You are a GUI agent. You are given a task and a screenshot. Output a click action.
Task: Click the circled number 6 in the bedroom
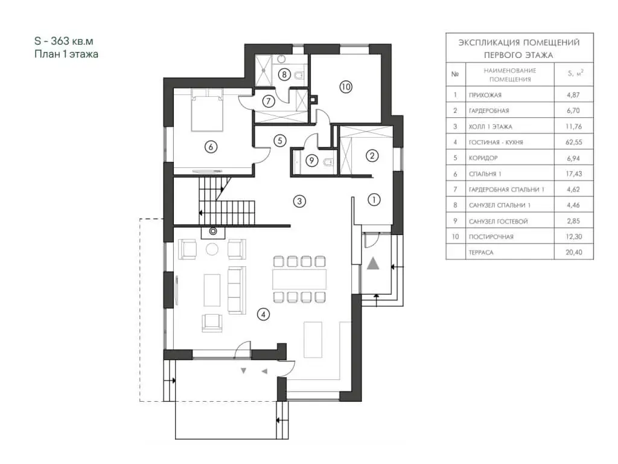tap(211, 147)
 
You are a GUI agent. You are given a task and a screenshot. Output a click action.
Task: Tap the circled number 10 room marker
tap(346, 86)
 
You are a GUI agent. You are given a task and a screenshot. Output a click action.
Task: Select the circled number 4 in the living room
tap(263, 314)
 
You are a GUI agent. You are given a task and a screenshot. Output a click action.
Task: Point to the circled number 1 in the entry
tap(374, 200)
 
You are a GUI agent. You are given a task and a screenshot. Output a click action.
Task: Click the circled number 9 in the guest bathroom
tap(312, 160)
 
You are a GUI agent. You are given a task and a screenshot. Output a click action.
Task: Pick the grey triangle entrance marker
tap(373, 263)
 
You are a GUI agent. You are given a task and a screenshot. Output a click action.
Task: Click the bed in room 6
tap(206, 110)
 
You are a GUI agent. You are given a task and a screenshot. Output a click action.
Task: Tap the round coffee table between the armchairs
tap(212, 250)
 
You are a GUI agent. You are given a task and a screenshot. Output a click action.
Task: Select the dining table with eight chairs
tap(299, 279)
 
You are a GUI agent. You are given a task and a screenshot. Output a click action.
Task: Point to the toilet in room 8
tap(299, 75)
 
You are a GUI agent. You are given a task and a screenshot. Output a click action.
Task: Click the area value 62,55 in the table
tap(573, 142)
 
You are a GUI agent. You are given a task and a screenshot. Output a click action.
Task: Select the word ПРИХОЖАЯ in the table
tap(485, 95)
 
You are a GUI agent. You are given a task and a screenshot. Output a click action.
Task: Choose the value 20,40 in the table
tap(573, 252)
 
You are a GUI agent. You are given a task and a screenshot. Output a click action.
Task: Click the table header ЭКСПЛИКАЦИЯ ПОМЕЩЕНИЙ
tap(519, 43)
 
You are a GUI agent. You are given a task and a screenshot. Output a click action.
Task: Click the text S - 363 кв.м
tap(64, 41)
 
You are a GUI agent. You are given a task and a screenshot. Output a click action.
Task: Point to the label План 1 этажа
tap(66, 54)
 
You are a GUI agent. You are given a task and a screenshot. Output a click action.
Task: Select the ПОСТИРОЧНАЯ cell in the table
tap(491, 237)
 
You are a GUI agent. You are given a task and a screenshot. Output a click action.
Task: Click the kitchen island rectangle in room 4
tap(313, 340)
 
